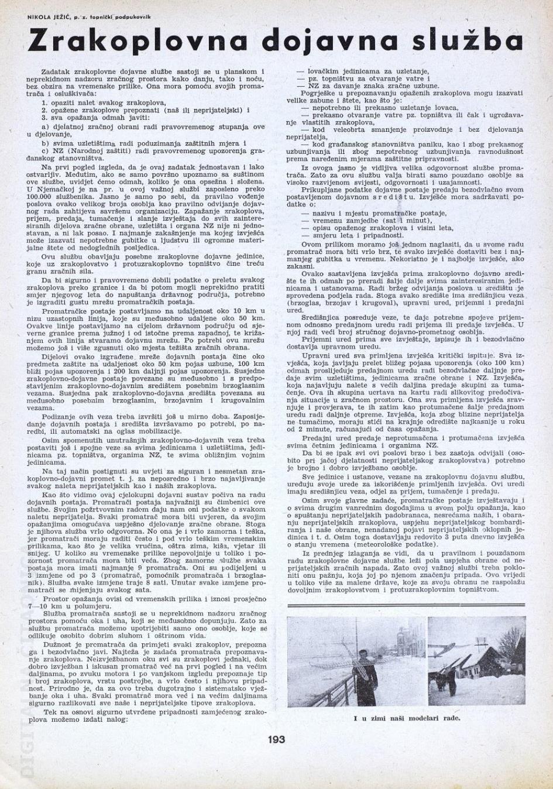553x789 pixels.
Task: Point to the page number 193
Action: coord(276,739)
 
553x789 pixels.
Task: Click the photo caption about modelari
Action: coord(407,718)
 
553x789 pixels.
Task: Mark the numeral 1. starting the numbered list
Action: coord(44,102)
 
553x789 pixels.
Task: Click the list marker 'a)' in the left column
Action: coord(45,126)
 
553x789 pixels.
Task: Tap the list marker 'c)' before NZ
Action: coord(45,150)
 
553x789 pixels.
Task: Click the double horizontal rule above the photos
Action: coord(407,606)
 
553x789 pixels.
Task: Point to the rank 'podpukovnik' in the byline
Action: coord(133,18)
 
